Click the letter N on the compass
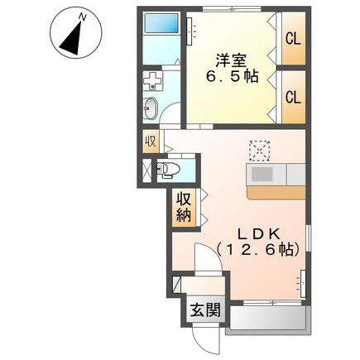[x=82, y=17]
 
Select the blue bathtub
[x=161, y=23]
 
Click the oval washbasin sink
[x=151, y=108]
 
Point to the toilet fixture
[x=168, y=169]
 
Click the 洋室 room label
[x=231, y=60]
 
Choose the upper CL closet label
[x=293, y=39]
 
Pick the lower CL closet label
[x=293, y=98]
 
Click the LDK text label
[x=259, y=234]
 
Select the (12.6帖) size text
[x=258, y=250]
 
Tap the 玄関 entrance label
[x=206, y=310]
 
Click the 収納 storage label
[x=184, y=207]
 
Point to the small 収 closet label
[x=151, y=142]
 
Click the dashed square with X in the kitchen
[x=259, y=151]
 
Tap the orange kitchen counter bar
[x=276, y=193]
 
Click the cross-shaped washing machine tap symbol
[x=152, y=79]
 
